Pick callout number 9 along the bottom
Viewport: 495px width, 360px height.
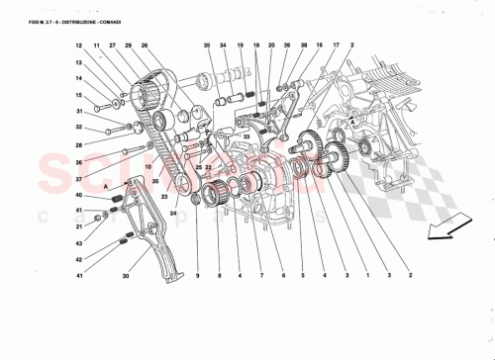click(x=197, y=275)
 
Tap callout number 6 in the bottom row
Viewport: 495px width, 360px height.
click(x=282, y=275)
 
